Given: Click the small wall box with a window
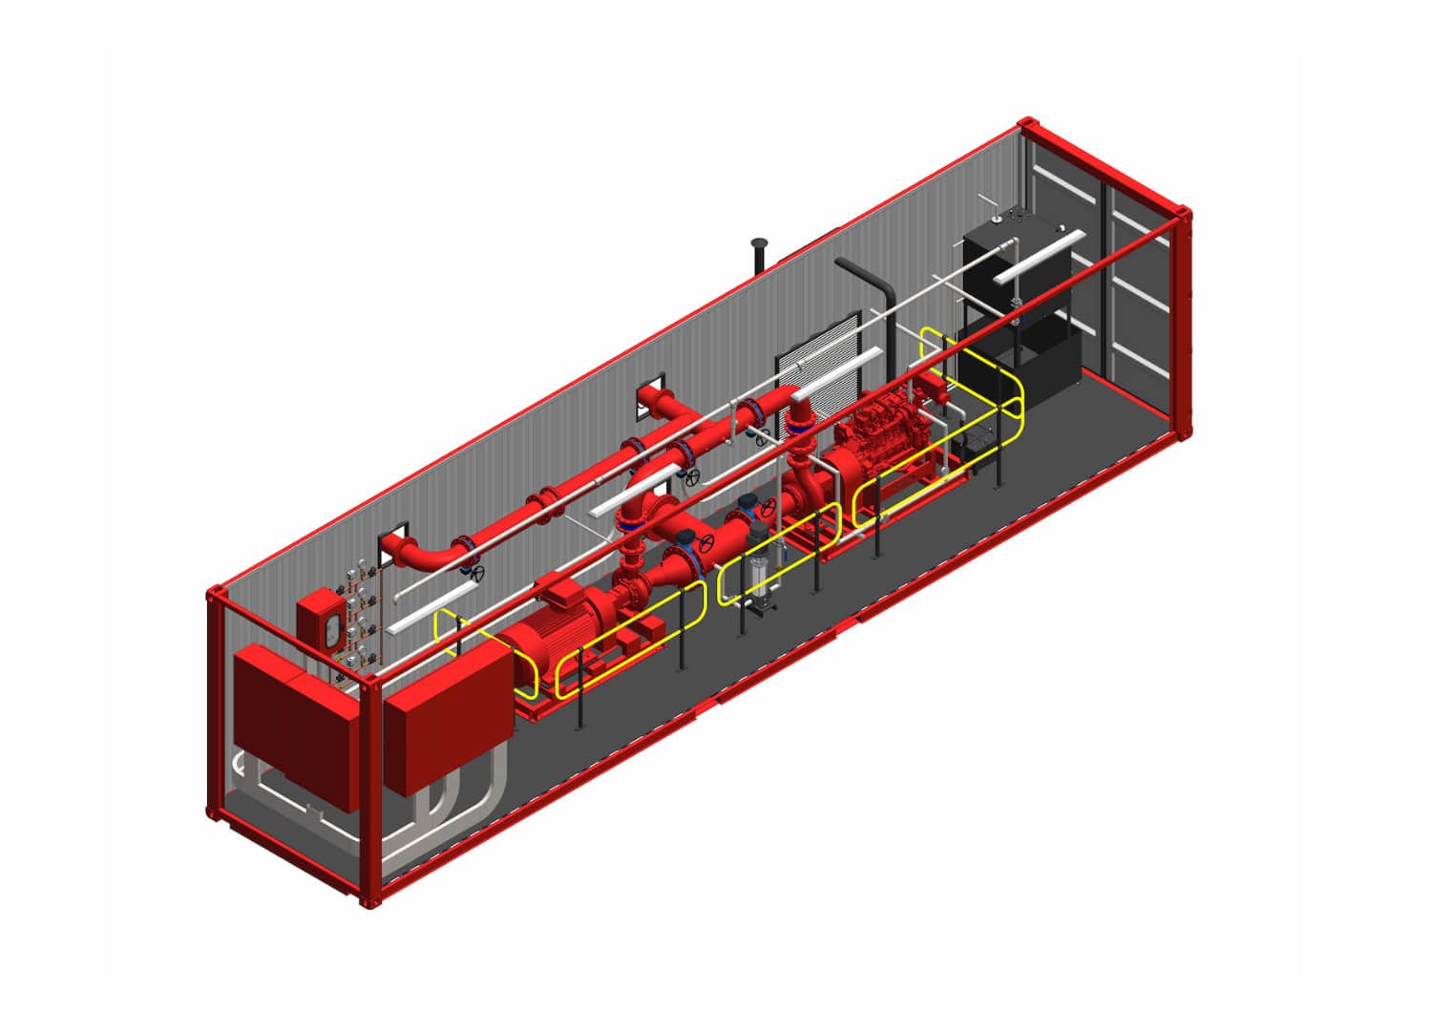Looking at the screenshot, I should pyautogui.click(x=323, y=621).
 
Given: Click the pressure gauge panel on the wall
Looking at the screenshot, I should pyautogui.click(x=358, y=611).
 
